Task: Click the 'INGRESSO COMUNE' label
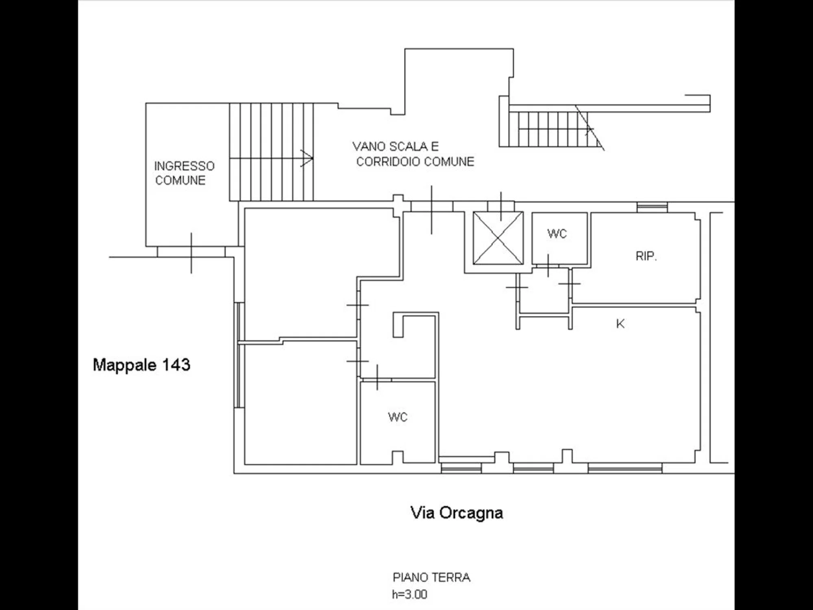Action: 184,173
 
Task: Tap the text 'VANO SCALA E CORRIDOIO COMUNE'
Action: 413,154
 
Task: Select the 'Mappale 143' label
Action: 141,365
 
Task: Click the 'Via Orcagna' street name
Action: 456,513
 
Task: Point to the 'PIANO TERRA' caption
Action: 431,577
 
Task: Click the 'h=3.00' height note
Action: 409,595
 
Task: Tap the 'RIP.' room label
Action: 646,256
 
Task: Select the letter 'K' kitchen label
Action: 620,324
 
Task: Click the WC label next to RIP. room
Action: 557,233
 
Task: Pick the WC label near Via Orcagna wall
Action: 398,417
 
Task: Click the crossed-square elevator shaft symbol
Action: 498,238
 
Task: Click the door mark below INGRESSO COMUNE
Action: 191,253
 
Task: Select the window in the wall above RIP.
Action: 652,207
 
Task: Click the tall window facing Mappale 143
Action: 240,355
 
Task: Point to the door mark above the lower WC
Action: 377,378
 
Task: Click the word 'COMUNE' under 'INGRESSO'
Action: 180,180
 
